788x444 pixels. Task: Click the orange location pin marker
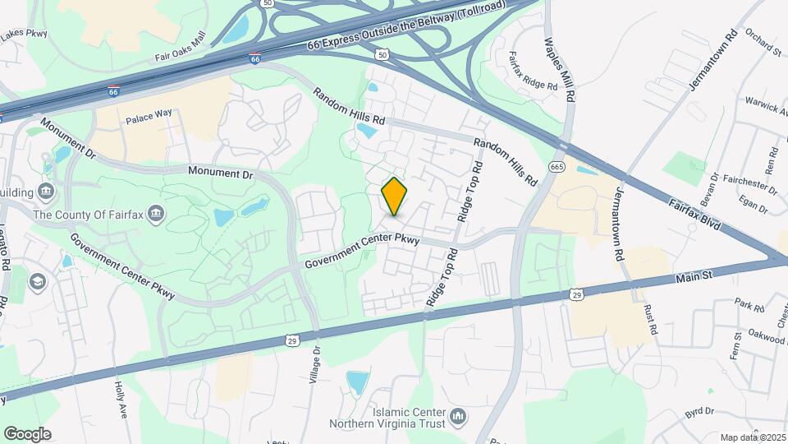pos(395,197)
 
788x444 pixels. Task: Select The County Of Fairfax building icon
pos(152,215)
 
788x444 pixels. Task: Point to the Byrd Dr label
pos(701,410)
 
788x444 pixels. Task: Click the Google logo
pos(27,433)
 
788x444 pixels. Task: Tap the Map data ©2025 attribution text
pos(753,437)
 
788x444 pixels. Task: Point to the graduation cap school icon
pos(37,282)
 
